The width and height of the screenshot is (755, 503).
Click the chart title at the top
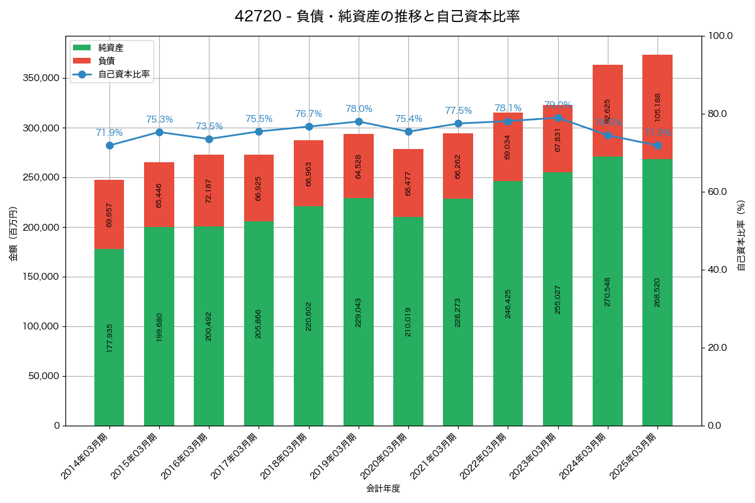tap(377, 16)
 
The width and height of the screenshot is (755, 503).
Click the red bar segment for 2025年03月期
tap(657, 107)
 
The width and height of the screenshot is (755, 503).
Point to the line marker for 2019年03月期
tap(359, 121)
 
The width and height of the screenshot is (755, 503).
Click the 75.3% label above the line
tap(159, 119)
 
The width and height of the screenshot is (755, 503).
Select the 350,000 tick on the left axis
tap(41, 78)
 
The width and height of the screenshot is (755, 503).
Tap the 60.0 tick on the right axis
tap(717, 192)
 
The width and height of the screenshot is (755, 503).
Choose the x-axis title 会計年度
tap(383, 488)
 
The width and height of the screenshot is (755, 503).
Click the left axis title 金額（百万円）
tap(13, 234)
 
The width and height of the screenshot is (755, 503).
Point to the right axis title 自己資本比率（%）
tap(741, 235)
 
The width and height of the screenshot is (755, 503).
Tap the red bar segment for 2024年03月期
tap(608, 111)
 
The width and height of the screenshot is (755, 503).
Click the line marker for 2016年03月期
tap(209, 139)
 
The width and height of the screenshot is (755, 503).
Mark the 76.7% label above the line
tap(309, 114)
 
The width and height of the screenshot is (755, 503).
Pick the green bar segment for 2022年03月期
tap(508, 303)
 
